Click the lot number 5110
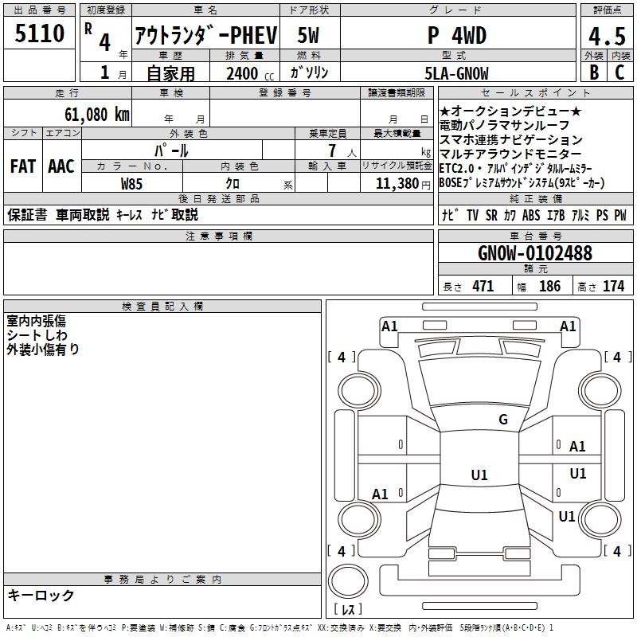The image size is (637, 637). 39,33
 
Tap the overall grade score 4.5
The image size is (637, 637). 607,36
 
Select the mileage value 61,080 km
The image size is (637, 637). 96,114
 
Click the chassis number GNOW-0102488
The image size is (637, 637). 535,252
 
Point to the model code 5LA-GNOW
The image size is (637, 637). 456,73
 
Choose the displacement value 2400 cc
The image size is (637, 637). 250,73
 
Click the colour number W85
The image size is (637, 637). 131,184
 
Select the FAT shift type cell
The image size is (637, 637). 23,166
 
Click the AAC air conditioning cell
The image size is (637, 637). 61,166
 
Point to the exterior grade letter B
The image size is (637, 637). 594,72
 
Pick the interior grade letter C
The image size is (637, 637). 619,72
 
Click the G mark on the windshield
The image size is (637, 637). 503,419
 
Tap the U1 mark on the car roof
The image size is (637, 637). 479,475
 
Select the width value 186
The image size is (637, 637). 549,286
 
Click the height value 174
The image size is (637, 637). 613,286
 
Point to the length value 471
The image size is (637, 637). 483,286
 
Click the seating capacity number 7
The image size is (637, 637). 332,150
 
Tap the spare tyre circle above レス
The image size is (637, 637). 348,581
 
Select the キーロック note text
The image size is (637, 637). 41,595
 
